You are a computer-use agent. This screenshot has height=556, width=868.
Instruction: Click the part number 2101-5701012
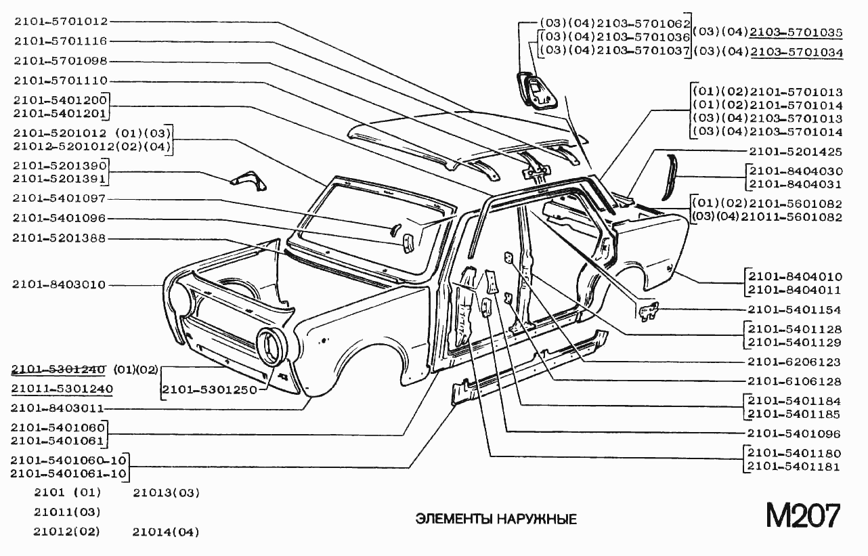[60, 22]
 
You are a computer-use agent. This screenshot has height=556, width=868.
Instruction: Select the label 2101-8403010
[59, 284]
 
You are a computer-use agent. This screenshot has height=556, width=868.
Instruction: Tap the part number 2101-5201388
[59, 238]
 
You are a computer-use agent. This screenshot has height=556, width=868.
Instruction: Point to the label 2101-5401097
[59, 198]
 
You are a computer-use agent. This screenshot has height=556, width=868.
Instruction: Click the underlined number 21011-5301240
[62, 389]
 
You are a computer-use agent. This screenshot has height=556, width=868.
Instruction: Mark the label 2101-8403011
[59, 408]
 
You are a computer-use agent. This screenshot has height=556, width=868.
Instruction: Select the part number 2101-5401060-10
[68, 461]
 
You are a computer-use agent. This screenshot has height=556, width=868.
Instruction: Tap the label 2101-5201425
[795, 152]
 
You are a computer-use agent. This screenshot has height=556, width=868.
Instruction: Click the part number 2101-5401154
[794, 310]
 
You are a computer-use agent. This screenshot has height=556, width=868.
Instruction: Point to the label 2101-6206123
[794, 362]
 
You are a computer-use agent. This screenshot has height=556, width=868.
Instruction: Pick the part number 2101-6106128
[794, 381]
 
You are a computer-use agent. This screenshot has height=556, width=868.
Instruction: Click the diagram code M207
[803, 516]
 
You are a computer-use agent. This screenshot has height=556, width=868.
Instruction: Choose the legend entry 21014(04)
[166, 532]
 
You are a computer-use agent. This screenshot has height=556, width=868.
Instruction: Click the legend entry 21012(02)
[66, 532]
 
